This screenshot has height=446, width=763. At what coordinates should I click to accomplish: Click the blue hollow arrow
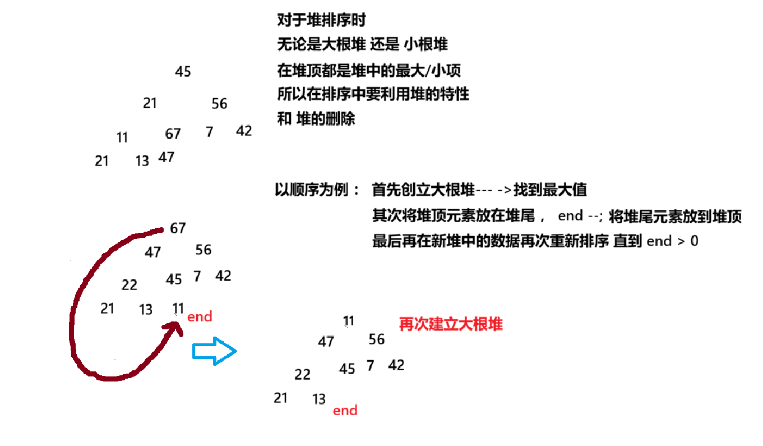[x=215, y=351]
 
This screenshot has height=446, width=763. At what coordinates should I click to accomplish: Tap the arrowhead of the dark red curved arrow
[x=178, y=327]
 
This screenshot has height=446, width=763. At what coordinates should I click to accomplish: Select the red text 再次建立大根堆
[x=451, y=324]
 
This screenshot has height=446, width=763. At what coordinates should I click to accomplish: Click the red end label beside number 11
[x=200, y=317]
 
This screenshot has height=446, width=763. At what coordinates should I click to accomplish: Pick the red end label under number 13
[x=345, y=411]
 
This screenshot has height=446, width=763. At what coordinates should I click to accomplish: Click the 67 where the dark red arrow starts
[x=178, y=228]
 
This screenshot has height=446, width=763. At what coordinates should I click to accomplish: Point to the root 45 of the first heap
[x=183, y=72]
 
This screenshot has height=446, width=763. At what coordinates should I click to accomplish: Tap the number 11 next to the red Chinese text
[x=349, y=321]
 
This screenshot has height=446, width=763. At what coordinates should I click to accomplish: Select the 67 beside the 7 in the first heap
[x=173, y=134]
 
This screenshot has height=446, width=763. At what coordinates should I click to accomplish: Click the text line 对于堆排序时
[x=321, y=21]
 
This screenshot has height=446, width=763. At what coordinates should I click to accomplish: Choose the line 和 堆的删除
[x=316, y=119]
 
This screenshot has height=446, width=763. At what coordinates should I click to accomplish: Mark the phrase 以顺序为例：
[x=317, y=190]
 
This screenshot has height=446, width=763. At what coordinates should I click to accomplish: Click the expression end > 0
[x=672, y=241]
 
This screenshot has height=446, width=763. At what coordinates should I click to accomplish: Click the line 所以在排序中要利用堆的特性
[x=373, y=94]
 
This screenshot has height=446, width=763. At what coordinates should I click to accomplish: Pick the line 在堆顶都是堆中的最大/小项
[x=369, y=70]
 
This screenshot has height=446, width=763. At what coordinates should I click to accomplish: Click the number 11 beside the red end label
[x=178, y=308]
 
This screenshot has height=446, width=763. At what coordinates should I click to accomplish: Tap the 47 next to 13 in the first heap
[x=166, y=157]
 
